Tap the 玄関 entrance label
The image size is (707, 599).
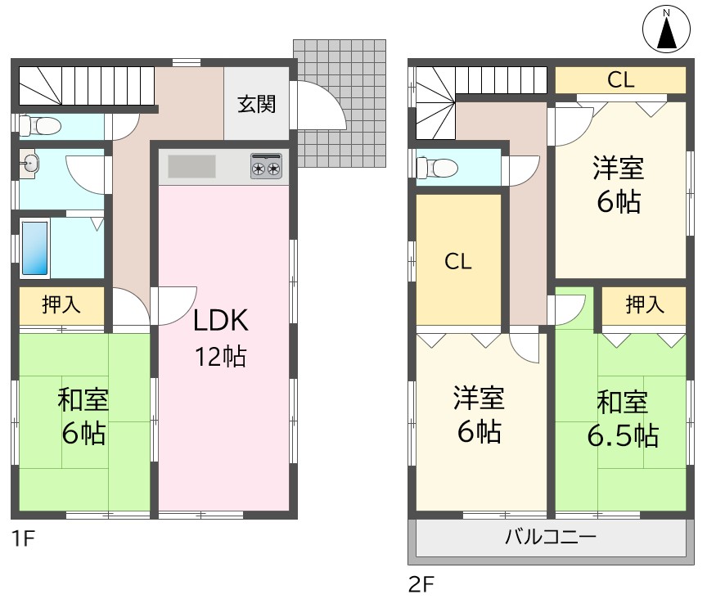[x=257, y=104]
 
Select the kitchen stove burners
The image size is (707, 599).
[x=266, y=169]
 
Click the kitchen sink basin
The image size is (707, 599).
[x=192, y=166]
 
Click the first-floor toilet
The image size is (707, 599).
[x=41, y=126]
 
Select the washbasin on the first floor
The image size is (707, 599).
[x=30, y=163]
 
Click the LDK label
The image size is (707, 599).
[x=220, y=321]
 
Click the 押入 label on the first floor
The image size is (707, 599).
[x=61, y=305]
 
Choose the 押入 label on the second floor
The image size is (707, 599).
[x=645, y=305]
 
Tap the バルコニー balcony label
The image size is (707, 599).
[x=550, y=538]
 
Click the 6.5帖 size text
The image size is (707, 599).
[x=623, y=435]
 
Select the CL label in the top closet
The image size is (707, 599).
[x=621, y=79]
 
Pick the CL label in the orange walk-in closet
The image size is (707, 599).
[x=458, y=261]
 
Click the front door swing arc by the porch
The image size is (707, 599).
[x=319, y=102]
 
